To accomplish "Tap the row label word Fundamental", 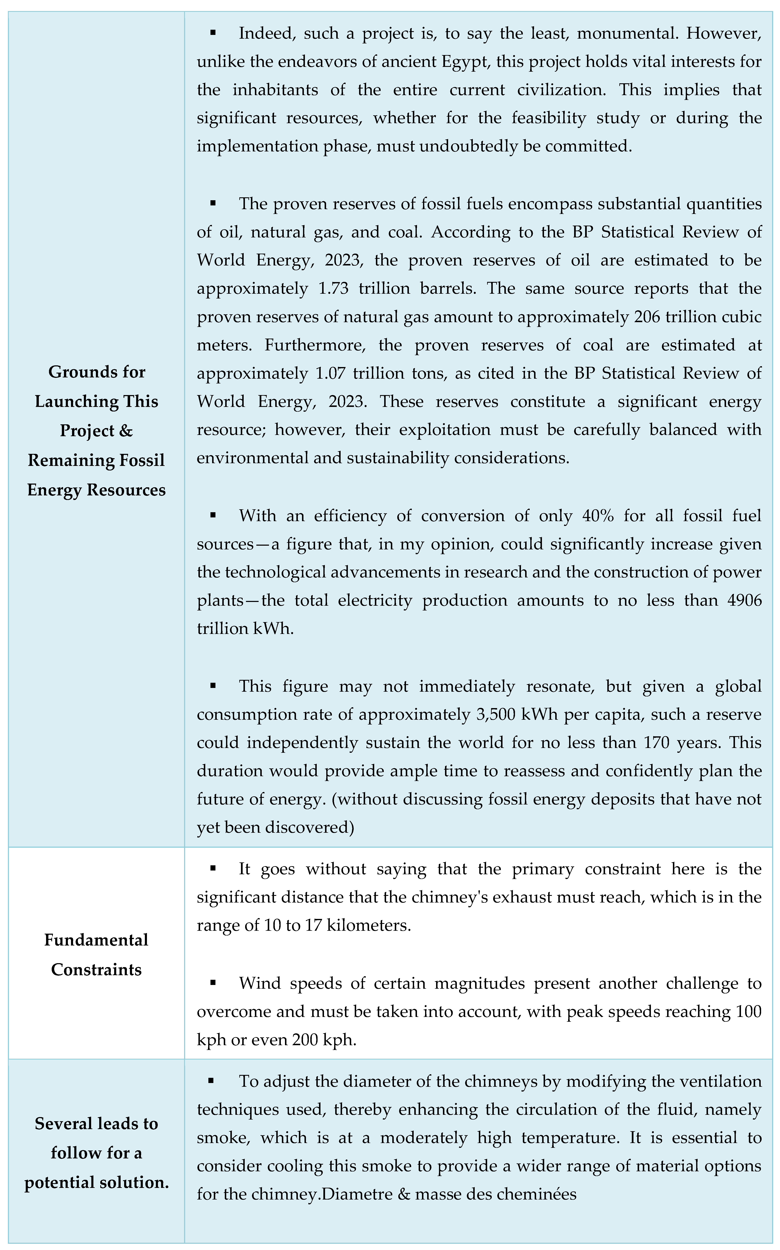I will (97, 940).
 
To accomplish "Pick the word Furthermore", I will (315, 345).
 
